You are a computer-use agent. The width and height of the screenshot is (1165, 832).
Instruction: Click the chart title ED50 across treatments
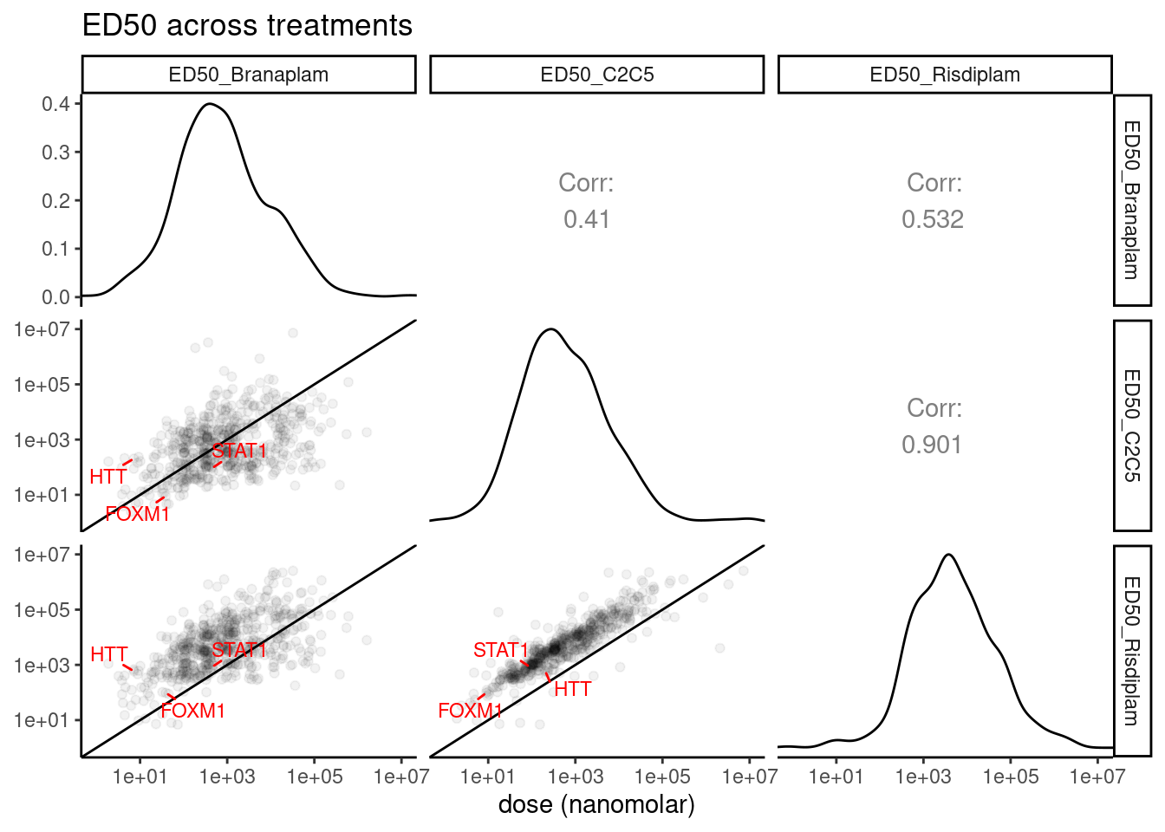[x=247, y=25]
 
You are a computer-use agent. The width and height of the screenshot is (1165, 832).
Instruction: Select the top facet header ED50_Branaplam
[x=249, y=75]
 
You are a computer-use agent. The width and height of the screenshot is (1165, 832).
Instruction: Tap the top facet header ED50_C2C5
[x=597, y=75]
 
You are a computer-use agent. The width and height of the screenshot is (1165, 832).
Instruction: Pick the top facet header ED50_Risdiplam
[x=945, y=75]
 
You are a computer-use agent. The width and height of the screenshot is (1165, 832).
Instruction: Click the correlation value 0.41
[x=587, y=219]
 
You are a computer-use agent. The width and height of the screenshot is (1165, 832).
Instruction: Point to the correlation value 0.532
[x=933, y=219]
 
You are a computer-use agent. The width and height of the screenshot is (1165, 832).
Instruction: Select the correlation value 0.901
[x=932, y=445]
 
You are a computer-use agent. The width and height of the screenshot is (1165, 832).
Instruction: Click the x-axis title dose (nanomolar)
[x=596, y=804]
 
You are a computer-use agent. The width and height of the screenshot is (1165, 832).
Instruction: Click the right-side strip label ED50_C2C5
[x=1132, y=426]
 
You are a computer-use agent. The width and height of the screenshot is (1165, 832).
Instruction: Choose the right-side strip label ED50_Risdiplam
[x=1132, y=651]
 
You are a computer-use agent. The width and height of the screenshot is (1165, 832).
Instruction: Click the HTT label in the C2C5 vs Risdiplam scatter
[x=572, y=689]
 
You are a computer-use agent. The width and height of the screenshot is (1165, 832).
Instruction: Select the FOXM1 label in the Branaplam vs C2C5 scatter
[x=138, y=514]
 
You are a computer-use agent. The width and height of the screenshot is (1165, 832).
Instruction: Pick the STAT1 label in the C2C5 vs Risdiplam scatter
[x=500, y=650]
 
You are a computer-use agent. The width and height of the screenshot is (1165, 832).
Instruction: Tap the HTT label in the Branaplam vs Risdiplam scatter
[x=109, y=654]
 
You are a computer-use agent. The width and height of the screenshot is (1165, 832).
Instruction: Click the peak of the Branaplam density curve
[x=209, y=104]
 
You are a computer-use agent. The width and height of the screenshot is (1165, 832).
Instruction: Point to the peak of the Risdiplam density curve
[x=949, y=555]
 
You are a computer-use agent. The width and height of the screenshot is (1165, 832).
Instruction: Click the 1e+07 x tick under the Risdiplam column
[x=1097, y=777]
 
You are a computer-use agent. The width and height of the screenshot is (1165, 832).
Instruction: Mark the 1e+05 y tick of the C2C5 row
[x=41, y=385]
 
